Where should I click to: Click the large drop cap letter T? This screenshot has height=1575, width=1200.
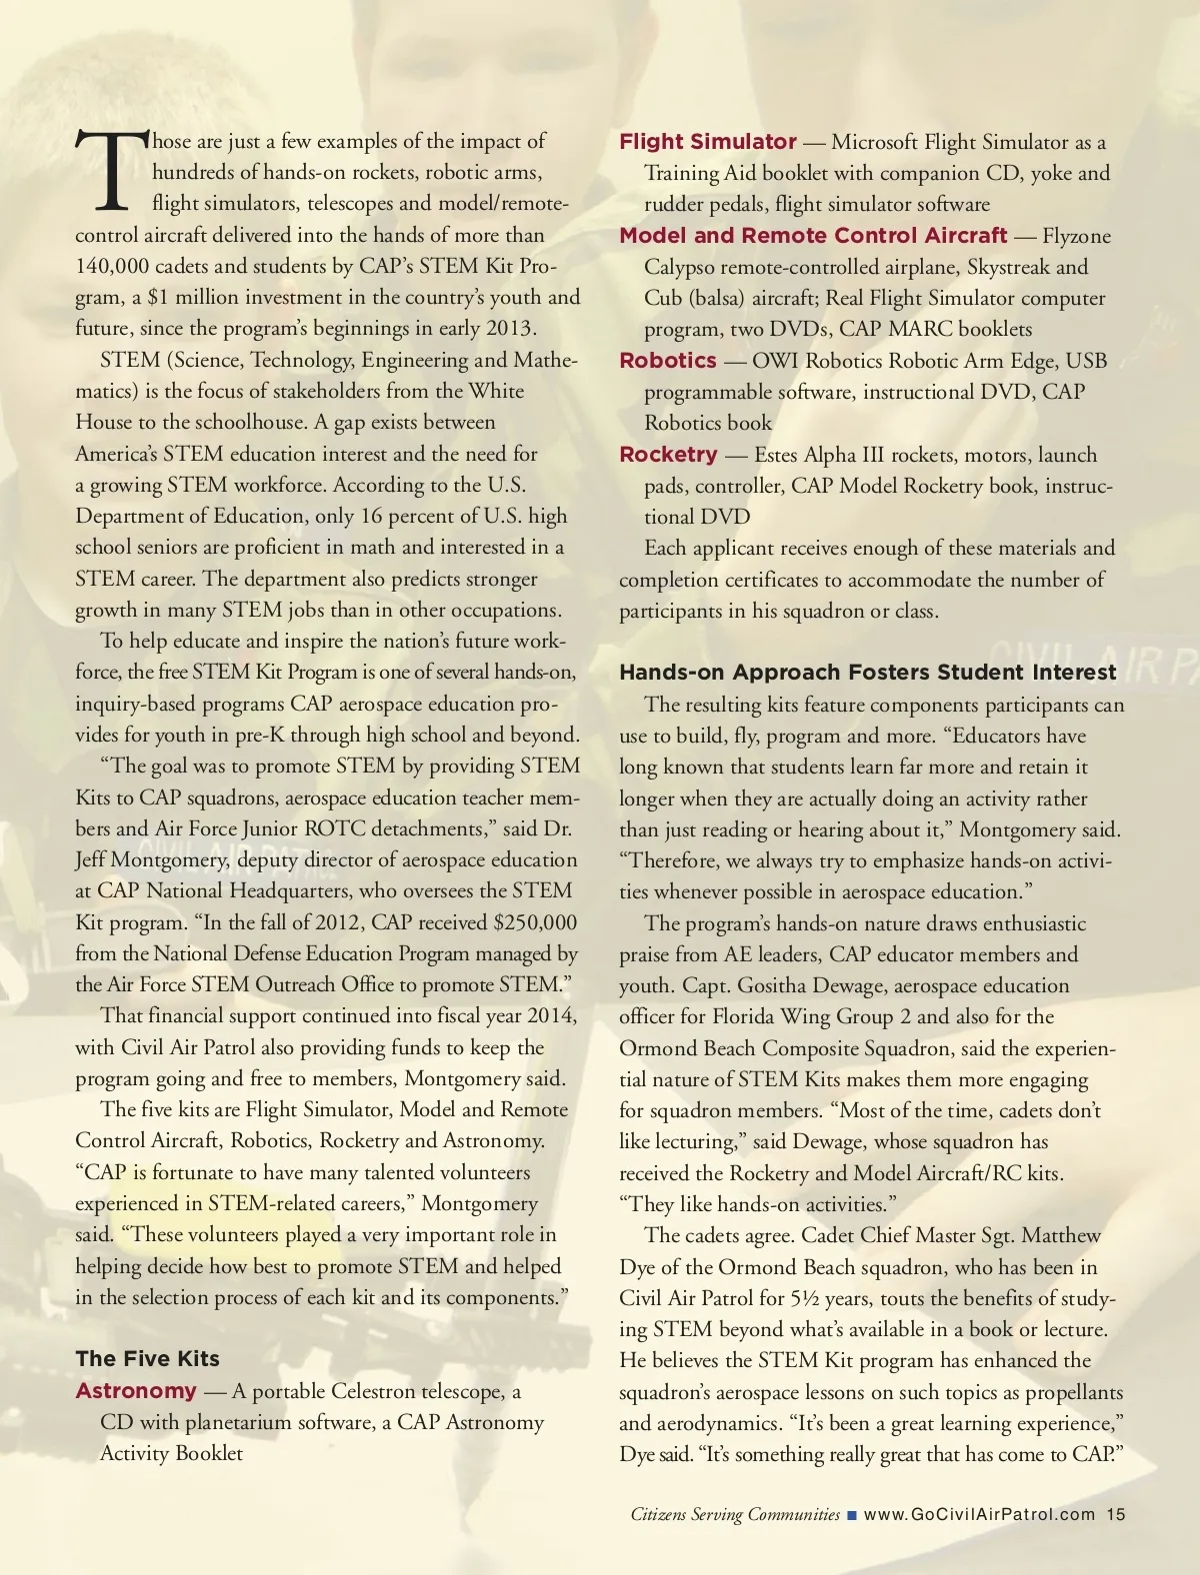point(111,172)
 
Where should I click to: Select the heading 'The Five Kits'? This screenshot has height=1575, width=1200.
point(147,1358)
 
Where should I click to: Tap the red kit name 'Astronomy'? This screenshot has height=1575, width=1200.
point(136,1390)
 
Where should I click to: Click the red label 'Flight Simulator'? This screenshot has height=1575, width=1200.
point(708,142)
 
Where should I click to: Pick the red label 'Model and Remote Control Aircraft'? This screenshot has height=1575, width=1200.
point(813,236)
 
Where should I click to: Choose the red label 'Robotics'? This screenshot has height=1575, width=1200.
point(668,361)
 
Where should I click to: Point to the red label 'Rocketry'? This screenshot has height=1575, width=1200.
point(668,455)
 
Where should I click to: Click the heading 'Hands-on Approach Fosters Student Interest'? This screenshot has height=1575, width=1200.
point(868,673)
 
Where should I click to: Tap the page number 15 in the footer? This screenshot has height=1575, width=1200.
point(1116,1514)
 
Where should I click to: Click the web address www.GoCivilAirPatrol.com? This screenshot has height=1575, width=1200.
point(979,1514)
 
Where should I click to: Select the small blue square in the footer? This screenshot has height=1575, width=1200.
point(852,1515)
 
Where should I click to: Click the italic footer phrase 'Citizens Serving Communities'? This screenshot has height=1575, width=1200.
point(735,1514)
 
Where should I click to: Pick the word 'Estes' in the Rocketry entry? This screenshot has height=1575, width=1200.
point(777,455)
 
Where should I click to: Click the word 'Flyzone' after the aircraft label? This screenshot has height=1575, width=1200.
point(1076,236)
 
